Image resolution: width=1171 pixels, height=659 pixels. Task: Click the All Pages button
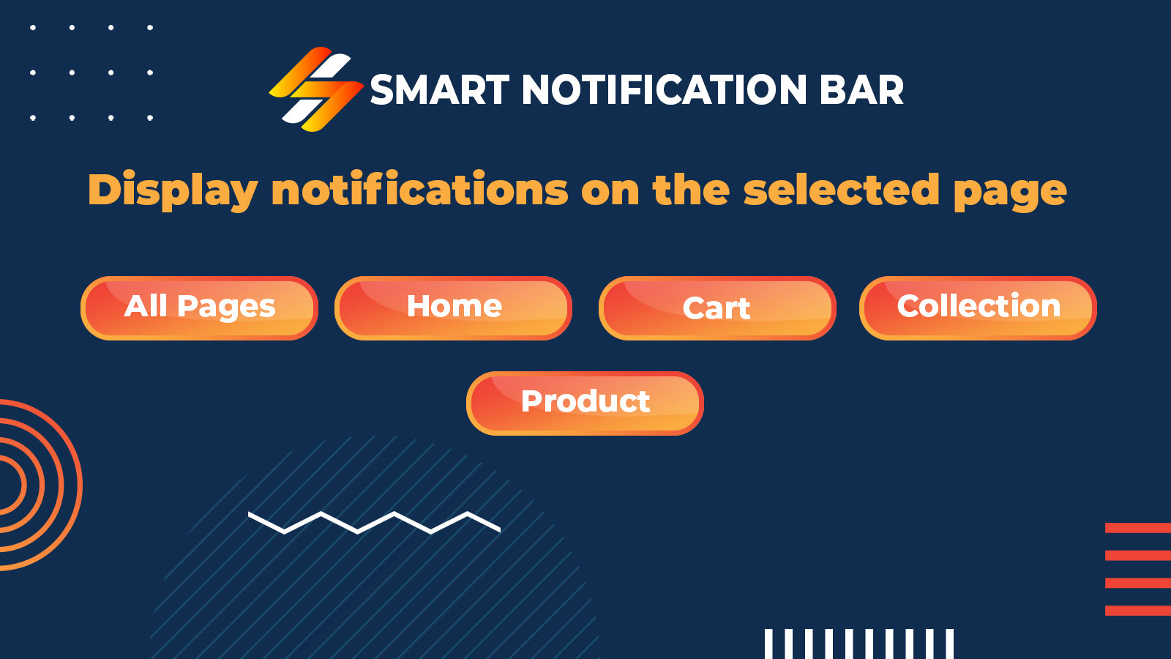pos(199,308)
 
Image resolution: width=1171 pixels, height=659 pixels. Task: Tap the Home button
pos(453,308)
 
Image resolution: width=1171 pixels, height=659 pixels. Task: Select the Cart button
pos(717,308)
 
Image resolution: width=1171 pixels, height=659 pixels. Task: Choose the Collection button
pos(978,308)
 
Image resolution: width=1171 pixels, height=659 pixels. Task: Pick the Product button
pos(585,403)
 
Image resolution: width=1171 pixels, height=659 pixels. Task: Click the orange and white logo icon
pos(316,89)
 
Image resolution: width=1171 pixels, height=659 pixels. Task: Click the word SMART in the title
pos(440,90)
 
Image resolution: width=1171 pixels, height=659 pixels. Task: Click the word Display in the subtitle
pos(173,190)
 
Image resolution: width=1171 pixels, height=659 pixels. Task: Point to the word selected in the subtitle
pos(842,190)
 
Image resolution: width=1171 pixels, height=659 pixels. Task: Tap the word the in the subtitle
pos(691,190)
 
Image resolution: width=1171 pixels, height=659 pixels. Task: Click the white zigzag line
pos(374,523)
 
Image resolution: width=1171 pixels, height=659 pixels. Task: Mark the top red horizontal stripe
pos(1138,528)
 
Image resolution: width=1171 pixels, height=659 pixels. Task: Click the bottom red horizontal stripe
pos(1138,611)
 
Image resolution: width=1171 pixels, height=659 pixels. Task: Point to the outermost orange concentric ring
pos(80,485)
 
